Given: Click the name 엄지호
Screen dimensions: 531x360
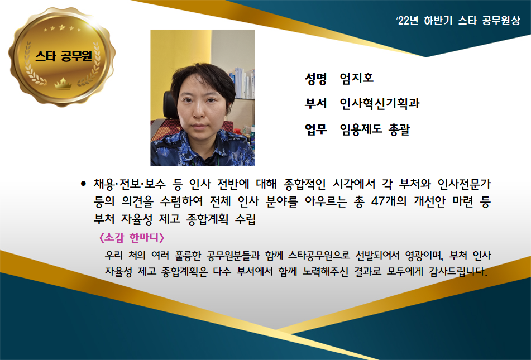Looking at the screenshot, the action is (357, 78).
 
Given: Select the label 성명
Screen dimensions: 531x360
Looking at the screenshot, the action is (315, 78).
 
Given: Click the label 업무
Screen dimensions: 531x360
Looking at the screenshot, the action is (315, 129).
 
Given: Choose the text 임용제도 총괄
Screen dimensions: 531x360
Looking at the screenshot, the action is (375, 129).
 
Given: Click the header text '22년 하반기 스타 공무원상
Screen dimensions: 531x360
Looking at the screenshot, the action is (458, 21).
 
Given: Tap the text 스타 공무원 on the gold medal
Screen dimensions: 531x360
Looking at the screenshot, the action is (63, 56).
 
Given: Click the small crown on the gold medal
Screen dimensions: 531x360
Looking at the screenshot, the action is (63, 83).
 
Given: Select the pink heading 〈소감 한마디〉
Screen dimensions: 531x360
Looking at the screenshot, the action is (131, 237).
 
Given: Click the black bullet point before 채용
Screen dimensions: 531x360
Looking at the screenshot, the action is (83, 184).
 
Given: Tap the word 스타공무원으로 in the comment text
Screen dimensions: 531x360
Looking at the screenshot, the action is (319, 255).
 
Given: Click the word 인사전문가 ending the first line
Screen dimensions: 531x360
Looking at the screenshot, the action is (464, 184).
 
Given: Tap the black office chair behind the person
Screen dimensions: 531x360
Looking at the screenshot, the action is (170, 105).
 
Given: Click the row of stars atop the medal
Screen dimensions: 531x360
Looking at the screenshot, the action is (63, 28).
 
